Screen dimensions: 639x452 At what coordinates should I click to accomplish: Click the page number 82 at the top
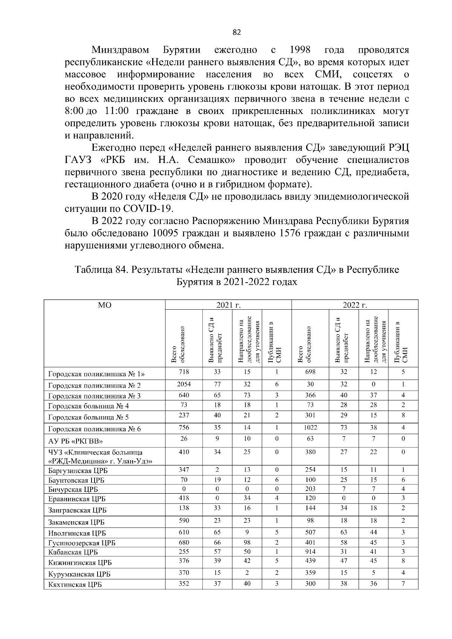(x=237, y=33)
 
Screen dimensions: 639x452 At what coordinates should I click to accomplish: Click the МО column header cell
(x=104, y=305)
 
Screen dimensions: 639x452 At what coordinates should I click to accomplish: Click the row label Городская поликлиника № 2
(x=94, y=385)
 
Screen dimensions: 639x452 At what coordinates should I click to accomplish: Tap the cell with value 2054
(x=184, y=384)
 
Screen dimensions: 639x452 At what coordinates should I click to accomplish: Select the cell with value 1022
(x=310, y=428)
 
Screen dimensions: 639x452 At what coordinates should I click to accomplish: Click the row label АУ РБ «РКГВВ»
(x=75, y=441)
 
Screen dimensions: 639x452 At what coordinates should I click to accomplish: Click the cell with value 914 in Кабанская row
(x=310, y=552)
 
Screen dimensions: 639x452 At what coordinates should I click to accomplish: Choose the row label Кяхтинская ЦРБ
(x=75, y=585)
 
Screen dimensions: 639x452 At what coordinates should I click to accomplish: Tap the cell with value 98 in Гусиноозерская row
(x=247, y=542)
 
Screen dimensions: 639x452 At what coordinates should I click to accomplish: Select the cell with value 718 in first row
(x=184, y=372)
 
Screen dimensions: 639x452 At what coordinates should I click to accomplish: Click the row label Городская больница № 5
(x=89, y=417)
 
